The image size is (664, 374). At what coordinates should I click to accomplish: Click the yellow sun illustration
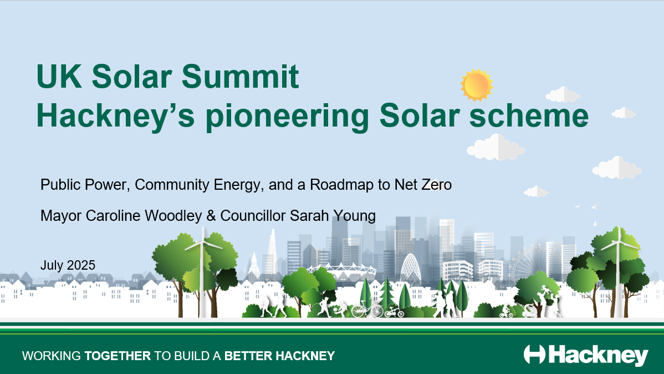click(477, 85)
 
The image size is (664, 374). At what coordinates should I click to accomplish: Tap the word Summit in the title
click(240, 77)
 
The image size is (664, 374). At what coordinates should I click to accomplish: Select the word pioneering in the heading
click(288, 116)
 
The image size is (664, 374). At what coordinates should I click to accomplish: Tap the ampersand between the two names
click(211, 216)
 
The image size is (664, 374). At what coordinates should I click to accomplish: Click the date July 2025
click(68, 265)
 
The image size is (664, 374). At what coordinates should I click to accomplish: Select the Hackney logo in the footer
click(586, 355)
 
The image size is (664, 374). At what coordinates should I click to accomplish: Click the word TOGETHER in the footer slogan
click(118, 356)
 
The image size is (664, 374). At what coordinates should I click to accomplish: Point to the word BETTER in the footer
click(248, 356)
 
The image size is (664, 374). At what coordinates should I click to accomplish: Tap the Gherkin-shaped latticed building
click(410, 269)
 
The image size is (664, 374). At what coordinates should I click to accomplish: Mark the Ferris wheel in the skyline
click(528, 261)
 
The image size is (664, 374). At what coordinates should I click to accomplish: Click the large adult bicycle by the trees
click(367, 310)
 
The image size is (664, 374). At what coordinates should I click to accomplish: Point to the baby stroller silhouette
click(530, 311)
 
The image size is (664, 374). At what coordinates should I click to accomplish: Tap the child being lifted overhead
click(543, 290)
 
